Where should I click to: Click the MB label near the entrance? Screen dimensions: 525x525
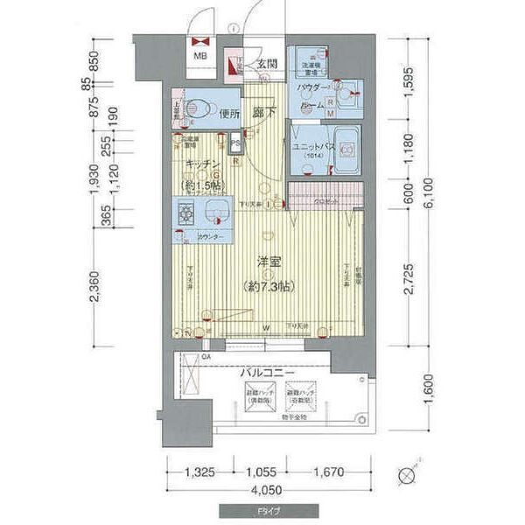point(200,59)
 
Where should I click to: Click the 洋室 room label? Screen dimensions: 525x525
point(268,260)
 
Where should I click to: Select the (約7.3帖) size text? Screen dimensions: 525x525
point(268,285)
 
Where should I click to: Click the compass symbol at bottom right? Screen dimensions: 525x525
point(407,478)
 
